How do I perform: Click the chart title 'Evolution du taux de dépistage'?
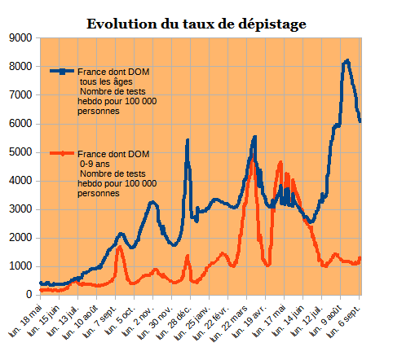tap(196, 24)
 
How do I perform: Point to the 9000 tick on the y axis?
tap(20, 38)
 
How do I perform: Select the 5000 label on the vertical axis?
tap(20, 152)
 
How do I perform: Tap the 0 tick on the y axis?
tap(29, 295)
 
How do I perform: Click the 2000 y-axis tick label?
tap(20, 238)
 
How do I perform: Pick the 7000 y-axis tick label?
tap(20, 95)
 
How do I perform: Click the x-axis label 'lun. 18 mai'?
tap(26, 320)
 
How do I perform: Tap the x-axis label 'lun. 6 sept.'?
tap(344, 322)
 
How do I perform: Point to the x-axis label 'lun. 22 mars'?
tap(231, 323)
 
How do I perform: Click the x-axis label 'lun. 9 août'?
tap(325, 321)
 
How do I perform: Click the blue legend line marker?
tap(62, 72)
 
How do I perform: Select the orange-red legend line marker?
tap(62, 153)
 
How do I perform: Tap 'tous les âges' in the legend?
tap(106, 81)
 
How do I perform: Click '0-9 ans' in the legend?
tap(95, 164)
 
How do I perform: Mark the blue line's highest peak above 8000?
tap(347, 61)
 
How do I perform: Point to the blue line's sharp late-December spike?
tap(188, 140)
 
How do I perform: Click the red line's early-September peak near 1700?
tap(120, 247)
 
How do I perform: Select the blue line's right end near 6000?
tap(360, 121)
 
